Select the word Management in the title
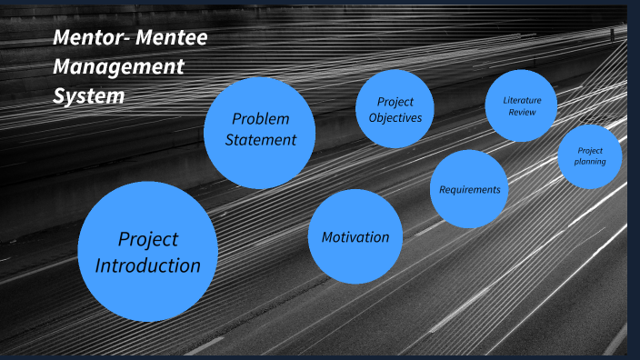click(x=118, y=66)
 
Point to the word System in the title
click(x=88, y=95)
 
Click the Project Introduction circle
click(x=147, y=252)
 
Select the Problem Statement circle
click(x=260, y=133)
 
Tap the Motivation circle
click(x=355, y=237)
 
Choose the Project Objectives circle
click(x=395, y=109)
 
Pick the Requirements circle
click(x=469, y=189)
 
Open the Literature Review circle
click(x=521, y=105)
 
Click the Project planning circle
click(x=589, y=156)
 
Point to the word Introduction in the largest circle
click(x=147, y=266)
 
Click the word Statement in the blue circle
click(x=261, y=140)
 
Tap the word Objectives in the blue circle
click(x=395, y=117)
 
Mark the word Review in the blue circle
click(x=521, y=112)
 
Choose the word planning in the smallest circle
click(x=589, y=162)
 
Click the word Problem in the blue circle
click(x=260, y=118)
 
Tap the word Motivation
click(x=355, y=237)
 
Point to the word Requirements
click(x=469, y=190)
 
